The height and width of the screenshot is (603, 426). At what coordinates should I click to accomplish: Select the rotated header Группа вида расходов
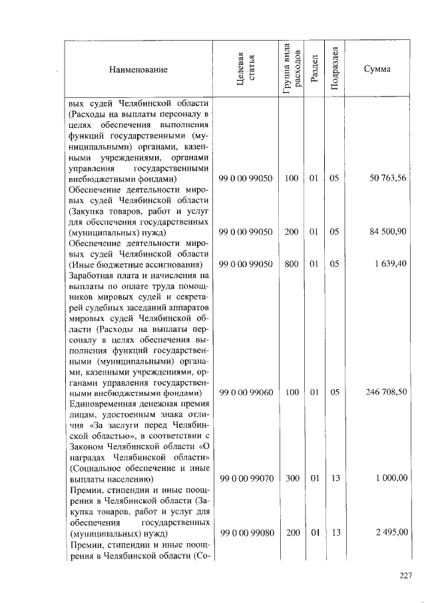(291, 69)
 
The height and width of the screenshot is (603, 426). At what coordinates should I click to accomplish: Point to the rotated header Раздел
(314, 69)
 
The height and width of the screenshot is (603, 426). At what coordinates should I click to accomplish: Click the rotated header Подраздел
(336, 69)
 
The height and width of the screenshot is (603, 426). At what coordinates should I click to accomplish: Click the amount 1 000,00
(391, 478)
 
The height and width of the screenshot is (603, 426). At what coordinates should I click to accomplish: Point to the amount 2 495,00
(391, 533)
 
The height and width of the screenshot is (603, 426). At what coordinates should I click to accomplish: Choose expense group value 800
(291, 265)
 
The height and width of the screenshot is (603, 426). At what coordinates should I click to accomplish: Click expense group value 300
(291, 478)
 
